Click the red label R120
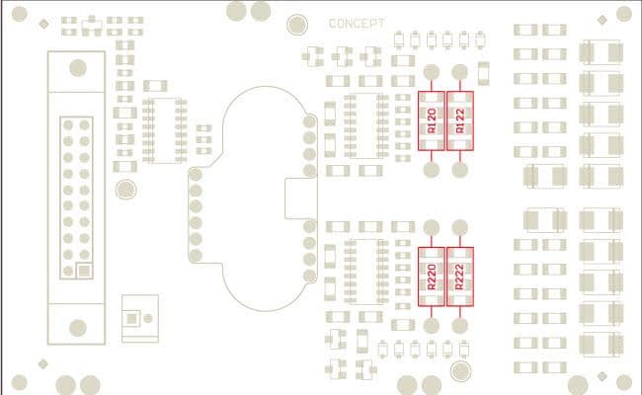tap(431, 121)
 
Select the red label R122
tap(460, 121)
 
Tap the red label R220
tap(431, 276)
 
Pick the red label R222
tap(460, 276)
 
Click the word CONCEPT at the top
tap(357, 23)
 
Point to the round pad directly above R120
tap(432, 71)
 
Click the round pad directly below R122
tap(460, 170)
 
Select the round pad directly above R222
tap(460, 227)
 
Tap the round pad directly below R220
tap(432, 325)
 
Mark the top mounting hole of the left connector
tap(76, 67)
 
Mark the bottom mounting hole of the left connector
tap(76, 326)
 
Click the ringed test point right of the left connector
tap(125, 189)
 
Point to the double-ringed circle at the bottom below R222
tap(460, 370)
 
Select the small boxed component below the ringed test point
tap(139, 316)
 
